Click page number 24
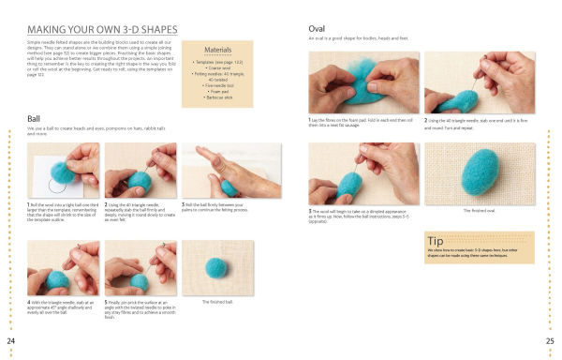(9, 339)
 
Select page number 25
(551, 339)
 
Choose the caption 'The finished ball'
(217, 301)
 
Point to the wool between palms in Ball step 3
(229, 186)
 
